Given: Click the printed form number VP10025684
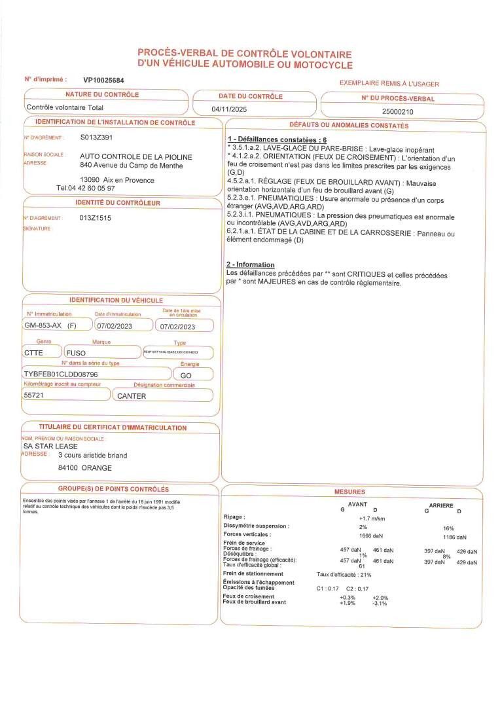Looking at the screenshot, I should (103, 80).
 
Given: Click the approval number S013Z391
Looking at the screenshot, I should (96, 137).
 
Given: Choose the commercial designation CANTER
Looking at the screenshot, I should (131, 396).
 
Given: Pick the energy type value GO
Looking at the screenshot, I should (186, 376).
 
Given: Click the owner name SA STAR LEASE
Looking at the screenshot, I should (50, 445).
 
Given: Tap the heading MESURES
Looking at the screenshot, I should (349, 492).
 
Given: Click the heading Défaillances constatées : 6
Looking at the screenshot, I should (277, 140).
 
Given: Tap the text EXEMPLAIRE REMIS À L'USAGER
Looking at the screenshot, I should (389, 84).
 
